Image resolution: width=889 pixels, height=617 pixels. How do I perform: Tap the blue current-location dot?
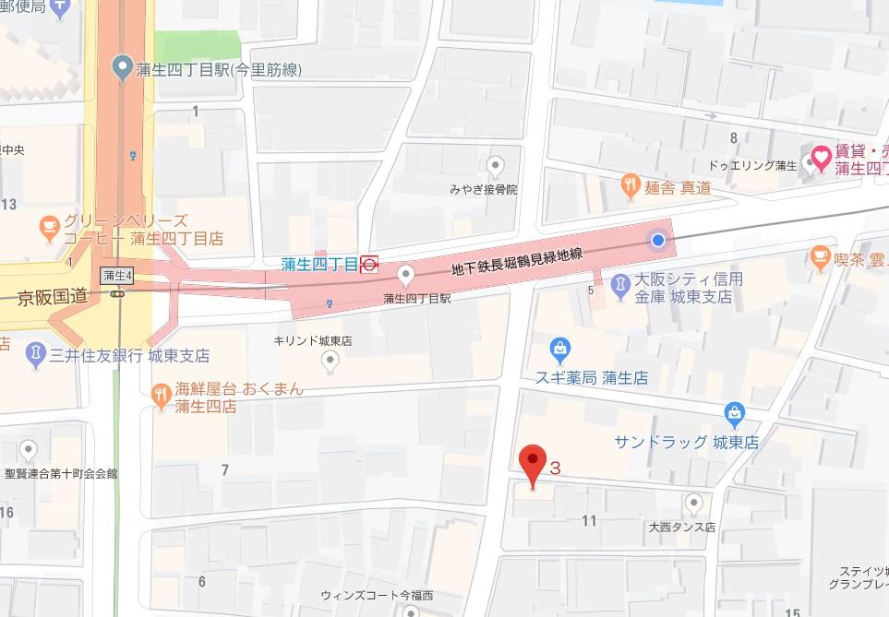click(657, 241)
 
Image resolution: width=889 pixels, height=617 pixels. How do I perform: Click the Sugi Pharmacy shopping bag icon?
click(559, 350)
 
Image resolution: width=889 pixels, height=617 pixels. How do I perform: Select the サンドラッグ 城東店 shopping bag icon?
click(734, 412)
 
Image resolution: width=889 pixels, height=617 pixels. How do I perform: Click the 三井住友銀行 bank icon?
click(34, 354)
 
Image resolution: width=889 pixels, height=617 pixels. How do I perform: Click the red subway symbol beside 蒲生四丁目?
click(369, 265)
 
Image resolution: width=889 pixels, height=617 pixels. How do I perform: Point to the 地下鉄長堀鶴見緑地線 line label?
click(517, 263)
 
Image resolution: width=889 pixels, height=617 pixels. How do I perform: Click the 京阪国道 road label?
click(53, 298)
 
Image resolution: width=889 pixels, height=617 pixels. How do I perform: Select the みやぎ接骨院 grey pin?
click(496, 167)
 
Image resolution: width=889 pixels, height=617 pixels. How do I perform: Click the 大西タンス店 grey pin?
click(694, 503)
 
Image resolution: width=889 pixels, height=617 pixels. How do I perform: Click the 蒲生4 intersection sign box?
click(116, 275)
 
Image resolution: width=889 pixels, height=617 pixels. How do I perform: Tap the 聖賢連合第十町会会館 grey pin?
click(29, 450)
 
